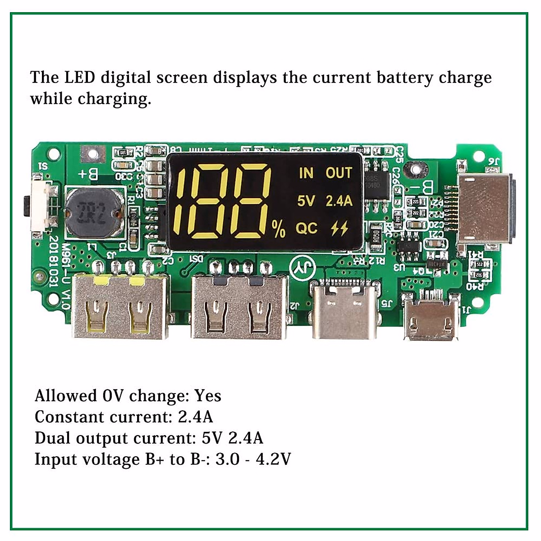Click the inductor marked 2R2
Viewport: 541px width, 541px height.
pyautogui.click(x=94, y=214)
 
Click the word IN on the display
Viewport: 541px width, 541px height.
pyautogui.click(x=306, y=173)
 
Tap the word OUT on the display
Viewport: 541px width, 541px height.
pyautogui.click(x=339, y=173)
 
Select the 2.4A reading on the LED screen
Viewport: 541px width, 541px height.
pyautogui.click(x=339, y=201)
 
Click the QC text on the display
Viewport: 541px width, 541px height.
pyautogui.click(x=307, y=229)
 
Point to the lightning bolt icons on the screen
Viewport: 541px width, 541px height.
pyautogui.click(x=339, y=229)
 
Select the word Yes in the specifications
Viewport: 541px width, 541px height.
pyautogui.click(x=208, y=396)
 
